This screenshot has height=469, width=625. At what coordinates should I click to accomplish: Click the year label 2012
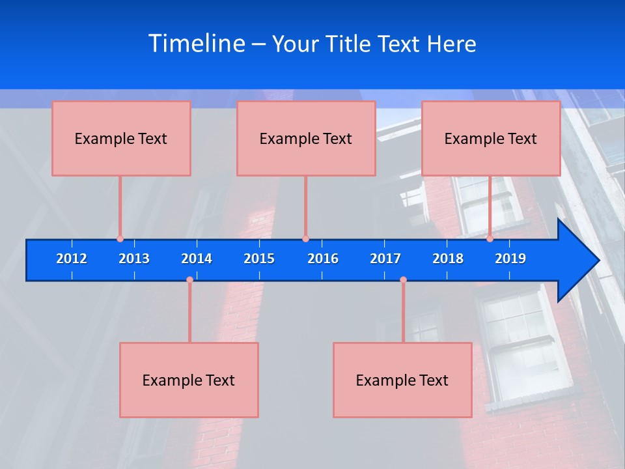[x=72, y=259]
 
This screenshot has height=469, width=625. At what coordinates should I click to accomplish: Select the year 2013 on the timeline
[x=134, y=259]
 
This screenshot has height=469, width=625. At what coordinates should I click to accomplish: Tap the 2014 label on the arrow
[x=197, y=259]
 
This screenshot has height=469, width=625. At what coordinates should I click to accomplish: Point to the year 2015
[x=259, y=259]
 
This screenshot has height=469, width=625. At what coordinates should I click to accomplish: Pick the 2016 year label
[x=323, y=259]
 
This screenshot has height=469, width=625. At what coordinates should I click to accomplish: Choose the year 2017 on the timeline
[x=385, y=259]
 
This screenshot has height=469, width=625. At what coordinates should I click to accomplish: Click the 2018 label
[x=448, y=259]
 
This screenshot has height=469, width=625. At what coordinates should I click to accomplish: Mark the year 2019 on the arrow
[x=510, y=259]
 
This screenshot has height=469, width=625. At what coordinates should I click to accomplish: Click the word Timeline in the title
[x=197, y=44]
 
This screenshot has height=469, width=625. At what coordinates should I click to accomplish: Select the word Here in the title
[x=451, y=44]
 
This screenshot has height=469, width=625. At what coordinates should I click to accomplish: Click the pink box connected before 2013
[x=121, y=138]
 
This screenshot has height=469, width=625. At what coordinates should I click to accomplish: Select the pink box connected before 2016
[x=306, y=138]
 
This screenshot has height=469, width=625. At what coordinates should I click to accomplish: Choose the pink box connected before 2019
[x=491, y=138]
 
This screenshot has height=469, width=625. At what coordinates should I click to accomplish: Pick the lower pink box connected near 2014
[x=189, y=380]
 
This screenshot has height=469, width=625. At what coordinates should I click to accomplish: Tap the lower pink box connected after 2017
[x=402, y=380]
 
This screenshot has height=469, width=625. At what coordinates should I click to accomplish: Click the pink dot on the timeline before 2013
[x=120, y=239]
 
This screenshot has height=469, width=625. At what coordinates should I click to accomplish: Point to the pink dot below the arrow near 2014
[x=189, y=280]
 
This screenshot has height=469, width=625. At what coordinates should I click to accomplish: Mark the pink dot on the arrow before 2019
[x=490, y=239]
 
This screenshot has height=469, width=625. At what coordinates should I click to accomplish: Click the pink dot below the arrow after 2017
[x=403, y=280]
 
